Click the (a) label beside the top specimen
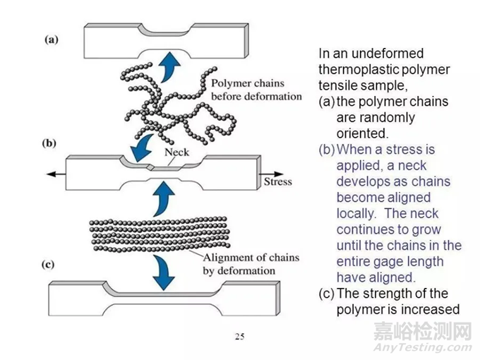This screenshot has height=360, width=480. click(51, 40)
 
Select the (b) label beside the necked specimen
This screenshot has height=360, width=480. click(49, 143)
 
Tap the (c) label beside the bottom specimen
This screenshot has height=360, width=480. click(48, 265)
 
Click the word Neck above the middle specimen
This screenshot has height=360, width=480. click(176, 152)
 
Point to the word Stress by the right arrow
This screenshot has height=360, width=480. click(278, 181)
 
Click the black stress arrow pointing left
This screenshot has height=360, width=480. click(56, 174)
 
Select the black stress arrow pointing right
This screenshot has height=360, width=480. click(271, 174)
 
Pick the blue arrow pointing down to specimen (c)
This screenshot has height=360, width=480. click(164, 273)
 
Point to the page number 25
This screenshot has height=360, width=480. click(240, 337)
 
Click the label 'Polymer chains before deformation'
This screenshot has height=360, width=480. click(256, 90)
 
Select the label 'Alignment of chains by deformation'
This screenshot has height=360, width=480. click(251, 264)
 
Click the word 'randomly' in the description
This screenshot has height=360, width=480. click(376, 118)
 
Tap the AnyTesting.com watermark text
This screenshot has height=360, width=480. click(423, 347)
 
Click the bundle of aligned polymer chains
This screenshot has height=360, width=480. click(160, 234)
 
